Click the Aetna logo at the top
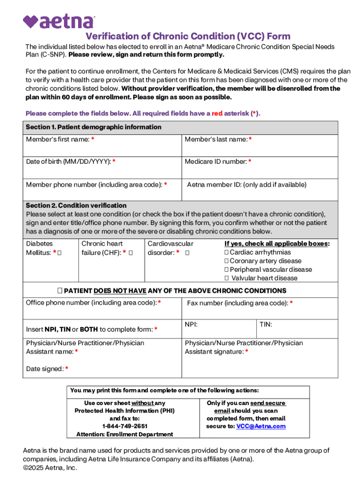click(x=58, y=21)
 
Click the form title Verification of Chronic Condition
click(x=187, y=36)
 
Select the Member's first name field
click(x=102, y=149)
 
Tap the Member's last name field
click(x=259, y=149)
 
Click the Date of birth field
click(x=102, y=171)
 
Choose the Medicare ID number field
click(x=259, y=171)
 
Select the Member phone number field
click(x=102, y=193)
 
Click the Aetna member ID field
click(x=259, y=193)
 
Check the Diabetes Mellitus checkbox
click(x=60, y=253)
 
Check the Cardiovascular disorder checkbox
click(x=187, y=253)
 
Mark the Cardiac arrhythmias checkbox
click(x=226, y=253)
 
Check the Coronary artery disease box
click(x=226, y=261)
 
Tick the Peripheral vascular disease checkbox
click(x=226, y=269)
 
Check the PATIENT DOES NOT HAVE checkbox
click(x=60, y=290)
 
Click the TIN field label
click(x=266, y=324)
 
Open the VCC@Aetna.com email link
click(x=260, y=426)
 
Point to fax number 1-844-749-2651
click(x=124, y=426)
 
